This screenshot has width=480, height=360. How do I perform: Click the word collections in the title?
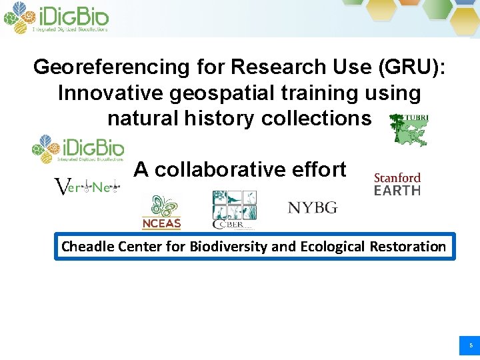[317, 119]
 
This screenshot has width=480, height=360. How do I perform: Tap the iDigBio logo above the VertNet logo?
[78, 149]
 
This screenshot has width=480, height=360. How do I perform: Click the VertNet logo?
[86, 187]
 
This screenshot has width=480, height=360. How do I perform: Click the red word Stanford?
[397, 178]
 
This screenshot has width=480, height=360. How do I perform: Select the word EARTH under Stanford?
[397, 191]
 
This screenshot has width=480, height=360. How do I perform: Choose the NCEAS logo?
[161, 213]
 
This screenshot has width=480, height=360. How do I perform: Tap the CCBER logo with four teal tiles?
[234, 209]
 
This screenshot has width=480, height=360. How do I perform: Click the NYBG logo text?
[313, 207]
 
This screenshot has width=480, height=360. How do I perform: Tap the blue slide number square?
[469, 345]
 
